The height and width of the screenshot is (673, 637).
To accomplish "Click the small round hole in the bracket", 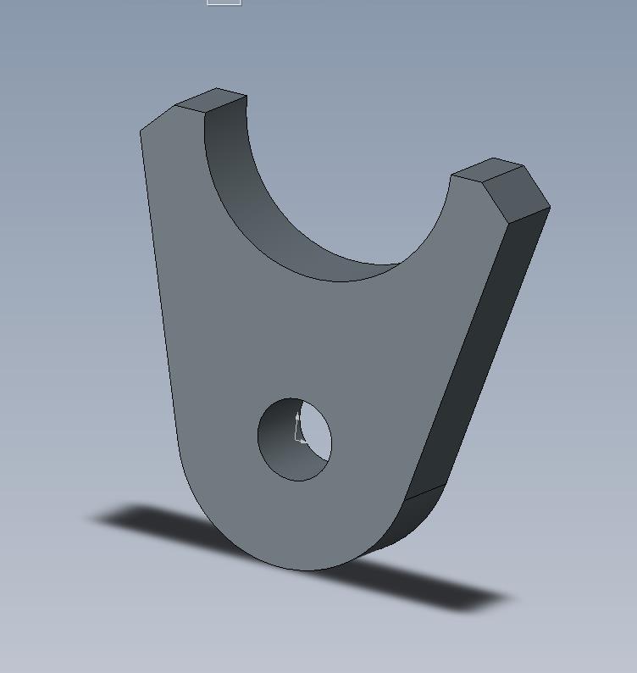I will (294, 439).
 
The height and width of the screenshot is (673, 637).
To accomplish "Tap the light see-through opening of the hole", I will (316, 432).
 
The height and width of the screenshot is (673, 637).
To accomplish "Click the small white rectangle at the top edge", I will (224, 3).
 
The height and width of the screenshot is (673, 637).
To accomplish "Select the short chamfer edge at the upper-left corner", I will (158, 118).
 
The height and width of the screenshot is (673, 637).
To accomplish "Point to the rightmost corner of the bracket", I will (550, 207).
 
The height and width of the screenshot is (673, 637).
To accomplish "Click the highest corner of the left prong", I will (217, 88).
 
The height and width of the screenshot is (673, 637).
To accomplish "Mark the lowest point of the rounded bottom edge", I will (305, 570).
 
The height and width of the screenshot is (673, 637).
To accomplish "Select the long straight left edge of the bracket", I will (158, 288).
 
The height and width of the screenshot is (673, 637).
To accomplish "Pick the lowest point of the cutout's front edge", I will (339, 281).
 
